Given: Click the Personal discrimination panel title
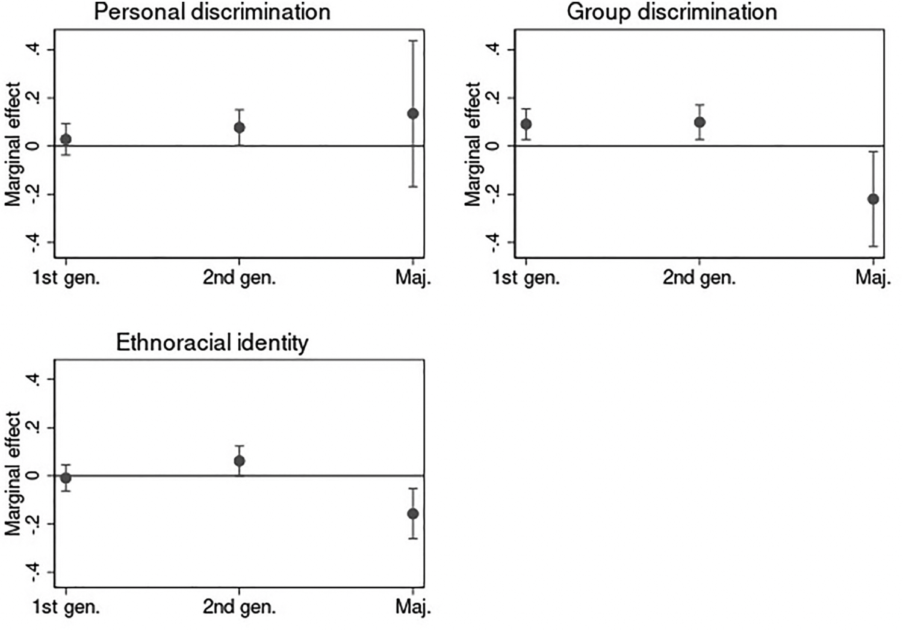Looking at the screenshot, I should point(212,12).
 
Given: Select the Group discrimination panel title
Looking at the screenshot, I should point(672,12).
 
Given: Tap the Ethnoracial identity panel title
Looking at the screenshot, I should point(212,343).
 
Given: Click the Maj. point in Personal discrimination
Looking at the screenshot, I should point(412,114).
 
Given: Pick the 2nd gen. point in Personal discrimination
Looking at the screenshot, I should point(239,128).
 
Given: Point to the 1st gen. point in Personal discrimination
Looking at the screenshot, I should point(66,140).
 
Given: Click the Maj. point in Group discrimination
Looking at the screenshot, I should point(873,199).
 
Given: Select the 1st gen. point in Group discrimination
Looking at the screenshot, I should point(526,125).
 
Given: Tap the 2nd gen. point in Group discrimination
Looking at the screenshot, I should point(700,122).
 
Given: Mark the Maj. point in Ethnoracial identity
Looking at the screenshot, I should point(412,514).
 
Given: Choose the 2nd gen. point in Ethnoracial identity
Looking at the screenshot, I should point(239,462).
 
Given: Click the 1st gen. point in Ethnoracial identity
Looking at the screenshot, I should point(66,478).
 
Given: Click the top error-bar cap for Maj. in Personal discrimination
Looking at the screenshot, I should point(412,41).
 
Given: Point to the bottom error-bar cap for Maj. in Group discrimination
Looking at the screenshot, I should point(873,246).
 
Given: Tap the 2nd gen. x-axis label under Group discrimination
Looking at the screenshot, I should point(700,278).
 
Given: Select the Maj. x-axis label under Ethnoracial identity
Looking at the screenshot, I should point(413,607).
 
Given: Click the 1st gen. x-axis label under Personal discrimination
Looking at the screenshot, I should point(66,278).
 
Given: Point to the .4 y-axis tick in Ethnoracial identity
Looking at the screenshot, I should point(35,379).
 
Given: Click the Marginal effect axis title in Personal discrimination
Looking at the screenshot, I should point(13,144).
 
